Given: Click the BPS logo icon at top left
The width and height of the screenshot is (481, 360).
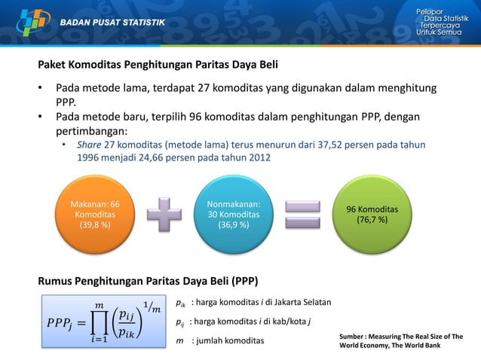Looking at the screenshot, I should [28, 20].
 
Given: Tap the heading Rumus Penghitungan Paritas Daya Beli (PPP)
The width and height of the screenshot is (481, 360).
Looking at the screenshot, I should [148, 282].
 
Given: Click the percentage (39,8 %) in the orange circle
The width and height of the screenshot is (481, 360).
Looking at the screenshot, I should [95, 225].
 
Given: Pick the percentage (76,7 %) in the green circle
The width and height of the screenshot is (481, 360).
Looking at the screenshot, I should [378, 220].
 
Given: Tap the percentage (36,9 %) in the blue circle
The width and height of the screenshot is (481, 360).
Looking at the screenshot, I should [237, 225].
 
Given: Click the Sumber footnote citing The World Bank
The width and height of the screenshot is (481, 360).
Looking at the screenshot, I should [401, 341].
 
